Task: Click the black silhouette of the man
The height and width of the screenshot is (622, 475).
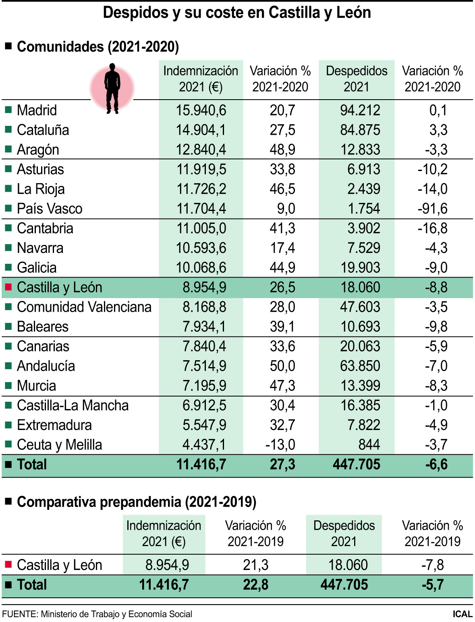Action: point(112,88)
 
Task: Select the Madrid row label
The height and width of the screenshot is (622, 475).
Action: point(37,110)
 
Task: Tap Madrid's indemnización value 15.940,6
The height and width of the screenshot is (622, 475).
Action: point(201,110)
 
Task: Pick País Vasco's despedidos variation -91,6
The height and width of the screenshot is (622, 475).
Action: point(432,209)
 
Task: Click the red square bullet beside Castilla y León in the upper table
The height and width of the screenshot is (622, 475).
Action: point(8,287)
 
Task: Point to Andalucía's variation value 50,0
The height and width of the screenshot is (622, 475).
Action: point(282,366)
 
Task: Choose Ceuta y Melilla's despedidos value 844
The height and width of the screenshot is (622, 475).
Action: point(369,445)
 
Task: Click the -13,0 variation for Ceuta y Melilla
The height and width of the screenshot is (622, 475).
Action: point(280,445)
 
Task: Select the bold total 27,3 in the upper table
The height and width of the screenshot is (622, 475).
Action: point(282,464)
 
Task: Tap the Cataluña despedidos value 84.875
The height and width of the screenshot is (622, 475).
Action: point(360,130)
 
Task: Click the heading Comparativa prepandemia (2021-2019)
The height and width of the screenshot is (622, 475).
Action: point(137,502)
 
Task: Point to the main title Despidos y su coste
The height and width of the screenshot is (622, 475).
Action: point(237,13)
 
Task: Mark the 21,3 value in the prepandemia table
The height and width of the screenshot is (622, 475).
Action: point(255,565)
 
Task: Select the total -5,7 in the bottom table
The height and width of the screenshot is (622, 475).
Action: point(432,584)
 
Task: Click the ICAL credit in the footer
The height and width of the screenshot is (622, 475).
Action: point(462,614)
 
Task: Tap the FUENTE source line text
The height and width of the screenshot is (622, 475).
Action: point(97,614)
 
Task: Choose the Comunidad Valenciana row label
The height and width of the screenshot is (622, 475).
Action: point(84,307)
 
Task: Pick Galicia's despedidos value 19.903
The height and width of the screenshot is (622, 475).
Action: point(360,267)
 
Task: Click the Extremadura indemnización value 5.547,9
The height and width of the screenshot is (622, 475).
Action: point(204,425)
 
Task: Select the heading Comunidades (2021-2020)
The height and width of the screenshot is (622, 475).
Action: point(98,47)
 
